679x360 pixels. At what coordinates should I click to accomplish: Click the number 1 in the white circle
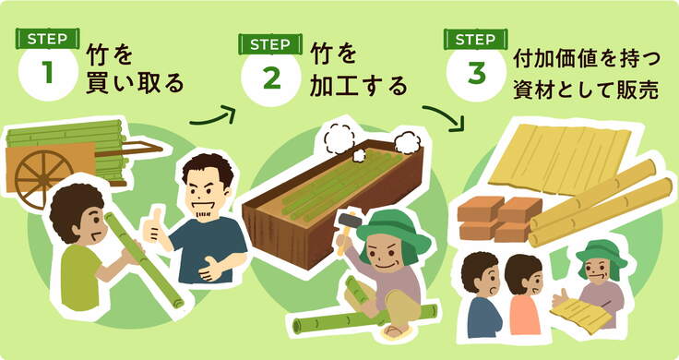tap(48, 73)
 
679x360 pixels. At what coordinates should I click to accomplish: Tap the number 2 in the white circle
tap(272, 78)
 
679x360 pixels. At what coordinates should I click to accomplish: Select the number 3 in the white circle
tap(477, 73)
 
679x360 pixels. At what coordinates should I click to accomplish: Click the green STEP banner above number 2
tap(270, 44)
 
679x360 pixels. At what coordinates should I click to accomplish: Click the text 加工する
tap(359, 86)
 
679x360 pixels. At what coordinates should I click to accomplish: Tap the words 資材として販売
tap(586, 91)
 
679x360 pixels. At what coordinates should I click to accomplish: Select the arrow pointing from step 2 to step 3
tap(444, 116)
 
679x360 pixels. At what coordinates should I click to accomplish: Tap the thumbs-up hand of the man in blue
tap(154, 225)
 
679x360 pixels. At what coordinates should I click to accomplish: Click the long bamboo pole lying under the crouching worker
tap(364, 319)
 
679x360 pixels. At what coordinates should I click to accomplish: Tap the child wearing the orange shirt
tap(524, 294)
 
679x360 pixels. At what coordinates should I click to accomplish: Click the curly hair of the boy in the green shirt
tap(75, 207)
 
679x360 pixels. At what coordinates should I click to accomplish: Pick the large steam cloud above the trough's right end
tap(408, 142)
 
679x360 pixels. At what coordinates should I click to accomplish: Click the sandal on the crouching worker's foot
tap(397, 331)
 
